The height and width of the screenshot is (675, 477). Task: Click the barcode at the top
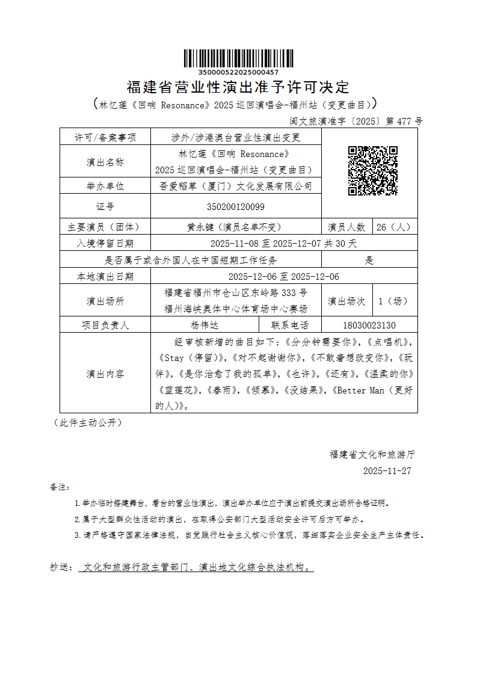(238, 58)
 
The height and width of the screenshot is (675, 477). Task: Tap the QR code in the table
(373, 171)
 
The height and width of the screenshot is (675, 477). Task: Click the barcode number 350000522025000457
(238, 72)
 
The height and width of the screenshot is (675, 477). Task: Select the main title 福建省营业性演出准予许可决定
(238, 87)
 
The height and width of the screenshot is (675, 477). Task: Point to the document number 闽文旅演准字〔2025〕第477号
(356, 121)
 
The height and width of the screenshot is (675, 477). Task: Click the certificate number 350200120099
(236, 206)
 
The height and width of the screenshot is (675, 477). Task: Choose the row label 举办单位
(105, 186)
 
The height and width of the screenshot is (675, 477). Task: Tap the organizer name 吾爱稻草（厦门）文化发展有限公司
(236, 186)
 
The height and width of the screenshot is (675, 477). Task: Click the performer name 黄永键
(201, 227)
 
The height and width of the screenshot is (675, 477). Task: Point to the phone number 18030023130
(369, 325)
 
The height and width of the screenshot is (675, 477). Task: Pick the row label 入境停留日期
(105, 244)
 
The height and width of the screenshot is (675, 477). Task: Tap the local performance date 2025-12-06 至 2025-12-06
(284, 277)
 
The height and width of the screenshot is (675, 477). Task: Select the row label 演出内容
(105, 374)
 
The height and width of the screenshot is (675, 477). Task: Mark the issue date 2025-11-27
(387, 471)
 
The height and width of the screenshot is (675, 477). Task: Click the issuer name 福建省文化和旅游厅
(372, 454)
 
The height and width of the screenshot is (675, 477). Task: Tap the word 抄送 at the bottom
(60, 567)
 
